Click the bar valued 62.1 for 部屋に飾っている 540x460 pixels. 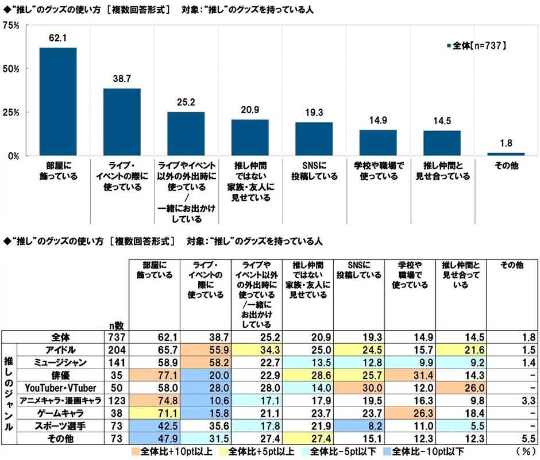pyautogui.click(x=57, y=101)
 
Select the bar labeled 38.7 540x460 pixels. pyautogui.click(x=122, y=121)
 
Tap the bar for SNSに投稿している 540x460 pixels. pyautogui.click(x=314, y=138)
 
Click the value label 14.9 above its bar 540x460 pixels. pyautogui.click(x=378, y=120)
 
